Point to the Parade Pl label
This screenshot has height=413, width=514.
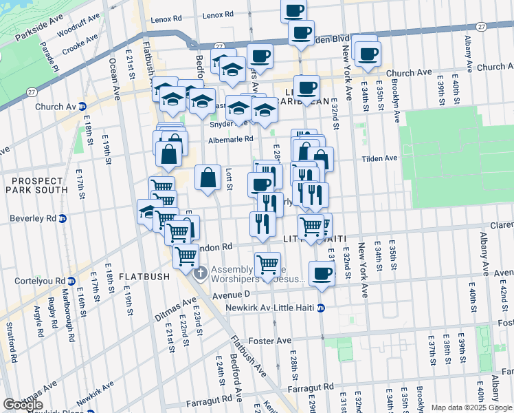click(50, 58)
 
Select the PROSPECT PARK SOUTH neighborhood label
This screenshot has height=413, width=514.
click(38, 184)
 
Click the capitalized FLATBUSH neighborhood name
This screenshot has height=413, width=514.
click(144, 277)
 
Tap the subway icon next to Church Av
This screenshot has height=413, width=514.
click(82, 107)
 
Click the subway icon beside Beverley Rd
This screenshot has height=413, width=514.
click(62, 218)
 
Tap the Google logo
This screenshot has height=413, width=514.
click(23, 405)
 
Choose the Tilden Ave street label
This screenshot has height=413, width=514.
click(380, 158)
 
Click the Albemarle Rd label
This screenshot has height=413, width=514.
click(231, 138)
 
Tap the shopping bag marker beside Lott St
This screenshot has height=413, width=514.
click(208, 178)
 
